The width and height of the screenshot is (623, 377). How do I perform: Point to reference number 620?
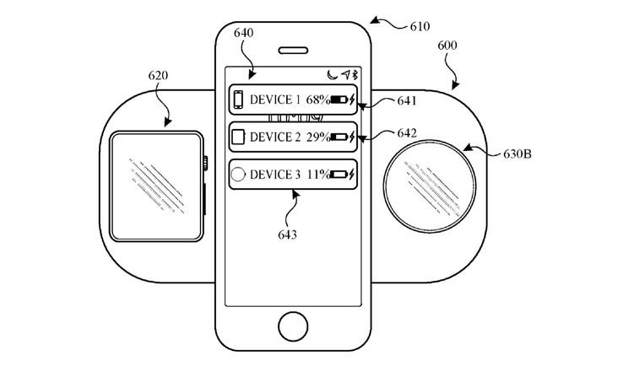tap(158, 76)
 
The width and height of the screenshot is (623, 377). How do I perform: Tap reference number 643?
tap(286, 234)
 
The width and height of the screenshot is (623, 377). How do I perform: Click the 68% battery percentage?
tap(317, 100)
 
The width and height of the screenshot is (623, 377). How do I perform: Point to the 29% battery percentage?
tap(317, 137)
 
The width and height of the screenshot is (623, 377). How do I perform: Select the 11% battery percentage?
tap(317, 175)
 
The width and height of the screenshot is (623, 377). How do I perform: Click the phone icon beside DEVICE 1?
tap(238, 100)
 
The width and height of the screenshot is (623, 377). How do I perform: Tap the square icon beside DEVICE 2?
tap(238, 137)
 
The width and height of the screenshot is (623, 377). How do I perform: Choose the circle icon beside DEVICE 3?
tap(238, 175)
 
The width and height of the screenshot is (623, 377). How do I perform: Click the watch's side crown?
tap(203, 161)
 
